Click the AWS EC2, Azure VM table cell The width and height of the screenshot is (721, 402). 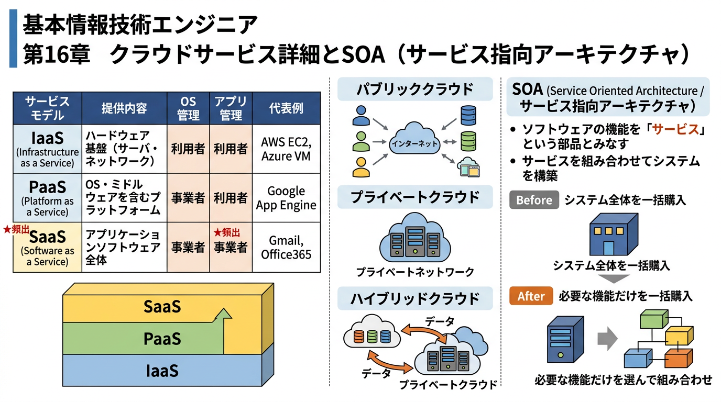[x=286, y=149]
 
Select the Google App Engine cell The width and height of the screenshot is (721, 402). [x=286, y=198]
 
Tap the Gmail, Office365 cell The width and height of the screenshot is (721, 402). [x=286, y=248]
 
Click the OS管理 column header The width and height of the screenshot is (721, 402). [x=188, y=108]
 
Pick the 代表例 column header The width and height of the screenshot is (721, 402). [x=286, y=108]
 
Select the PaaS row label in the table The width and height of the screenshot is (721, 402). [x=47, y=198]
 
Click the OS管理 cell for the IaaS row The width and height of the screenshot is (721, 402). [x=188, y=149]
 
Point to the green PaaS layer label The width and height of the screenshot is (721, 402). [x=162, y=339]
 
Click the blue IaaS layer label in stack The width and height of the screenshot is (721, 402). [x=162, y=371]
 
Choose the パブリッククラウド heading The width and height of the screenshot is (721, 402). [x=415, y=90]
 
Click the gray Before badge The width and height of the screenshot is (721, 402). [x=534, y=200]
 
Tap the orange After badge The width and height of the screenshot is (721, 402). [x=531, y=296]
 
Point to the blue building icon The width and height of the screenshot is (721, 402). [x=613, y=236]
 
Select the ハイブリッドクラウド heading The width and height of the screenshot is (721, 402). [x=415, y=299]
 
